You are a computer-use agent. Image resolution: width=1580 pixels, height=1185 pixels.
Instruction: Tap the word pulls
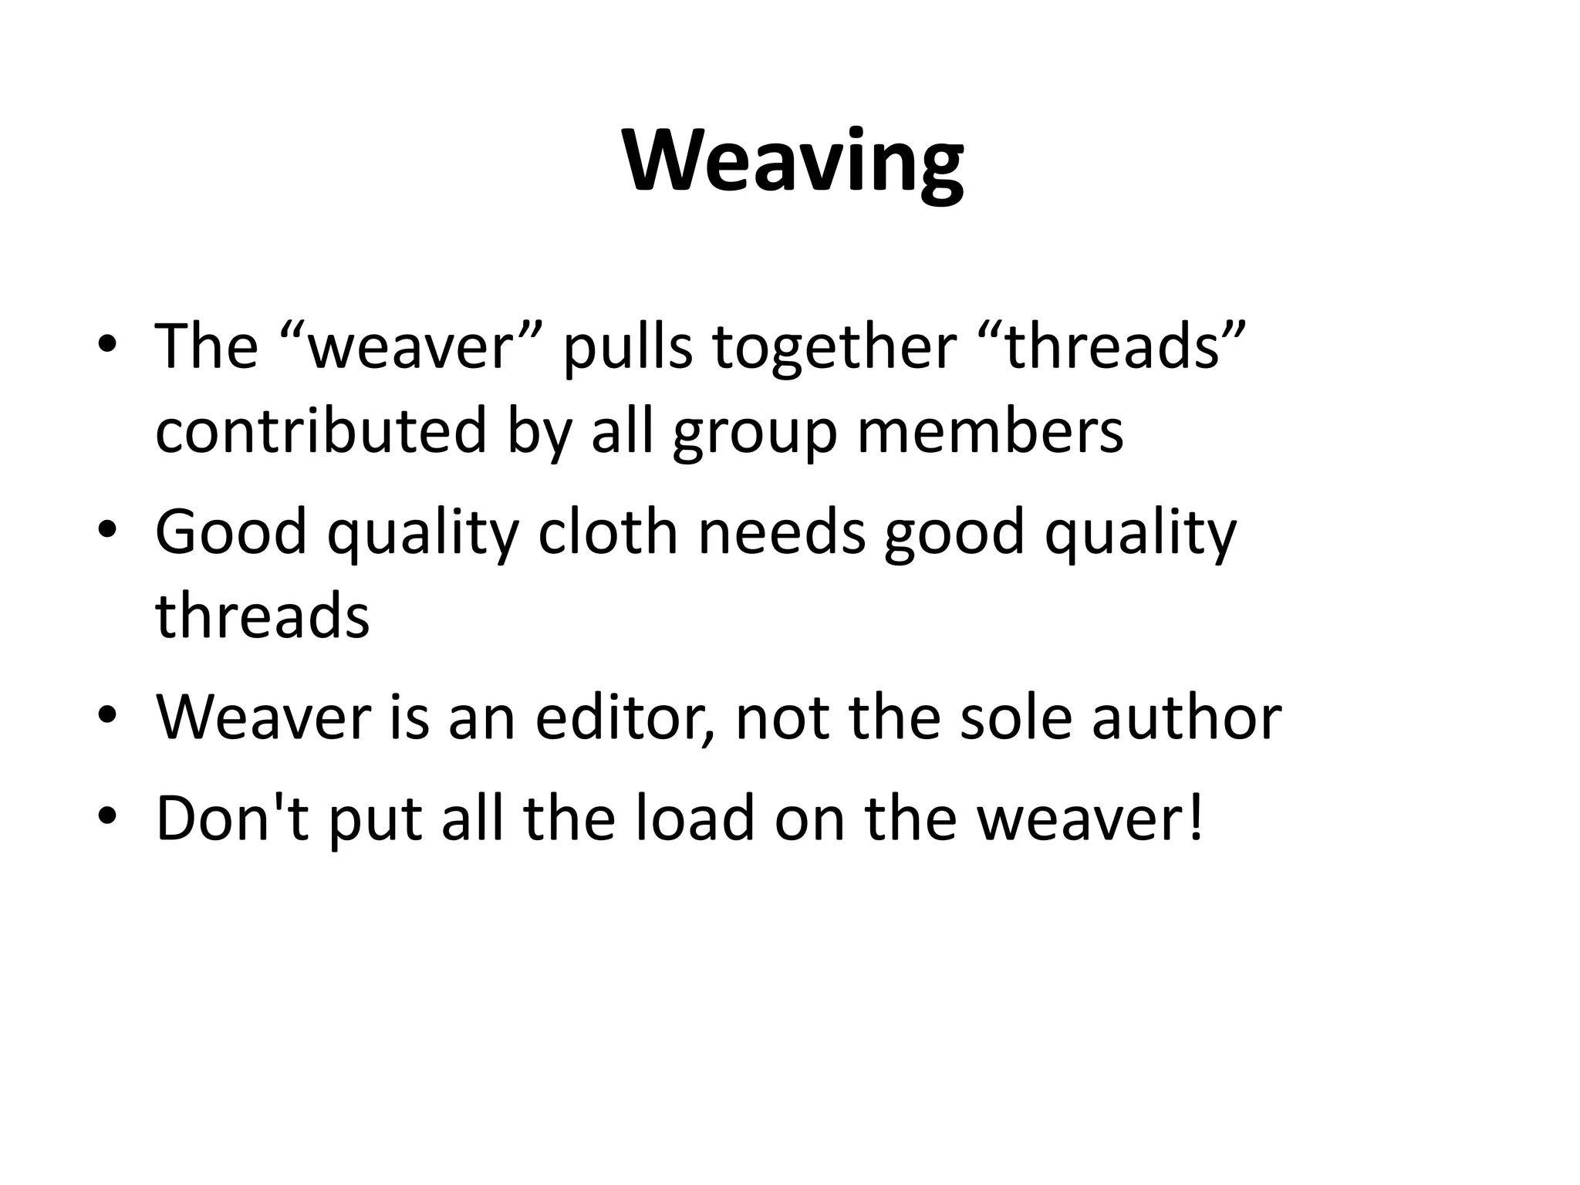[x=627, y=347]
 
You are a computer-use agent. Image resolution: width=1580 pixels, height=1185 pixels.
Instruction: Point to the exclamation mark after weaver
[x=1197, y=817]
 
